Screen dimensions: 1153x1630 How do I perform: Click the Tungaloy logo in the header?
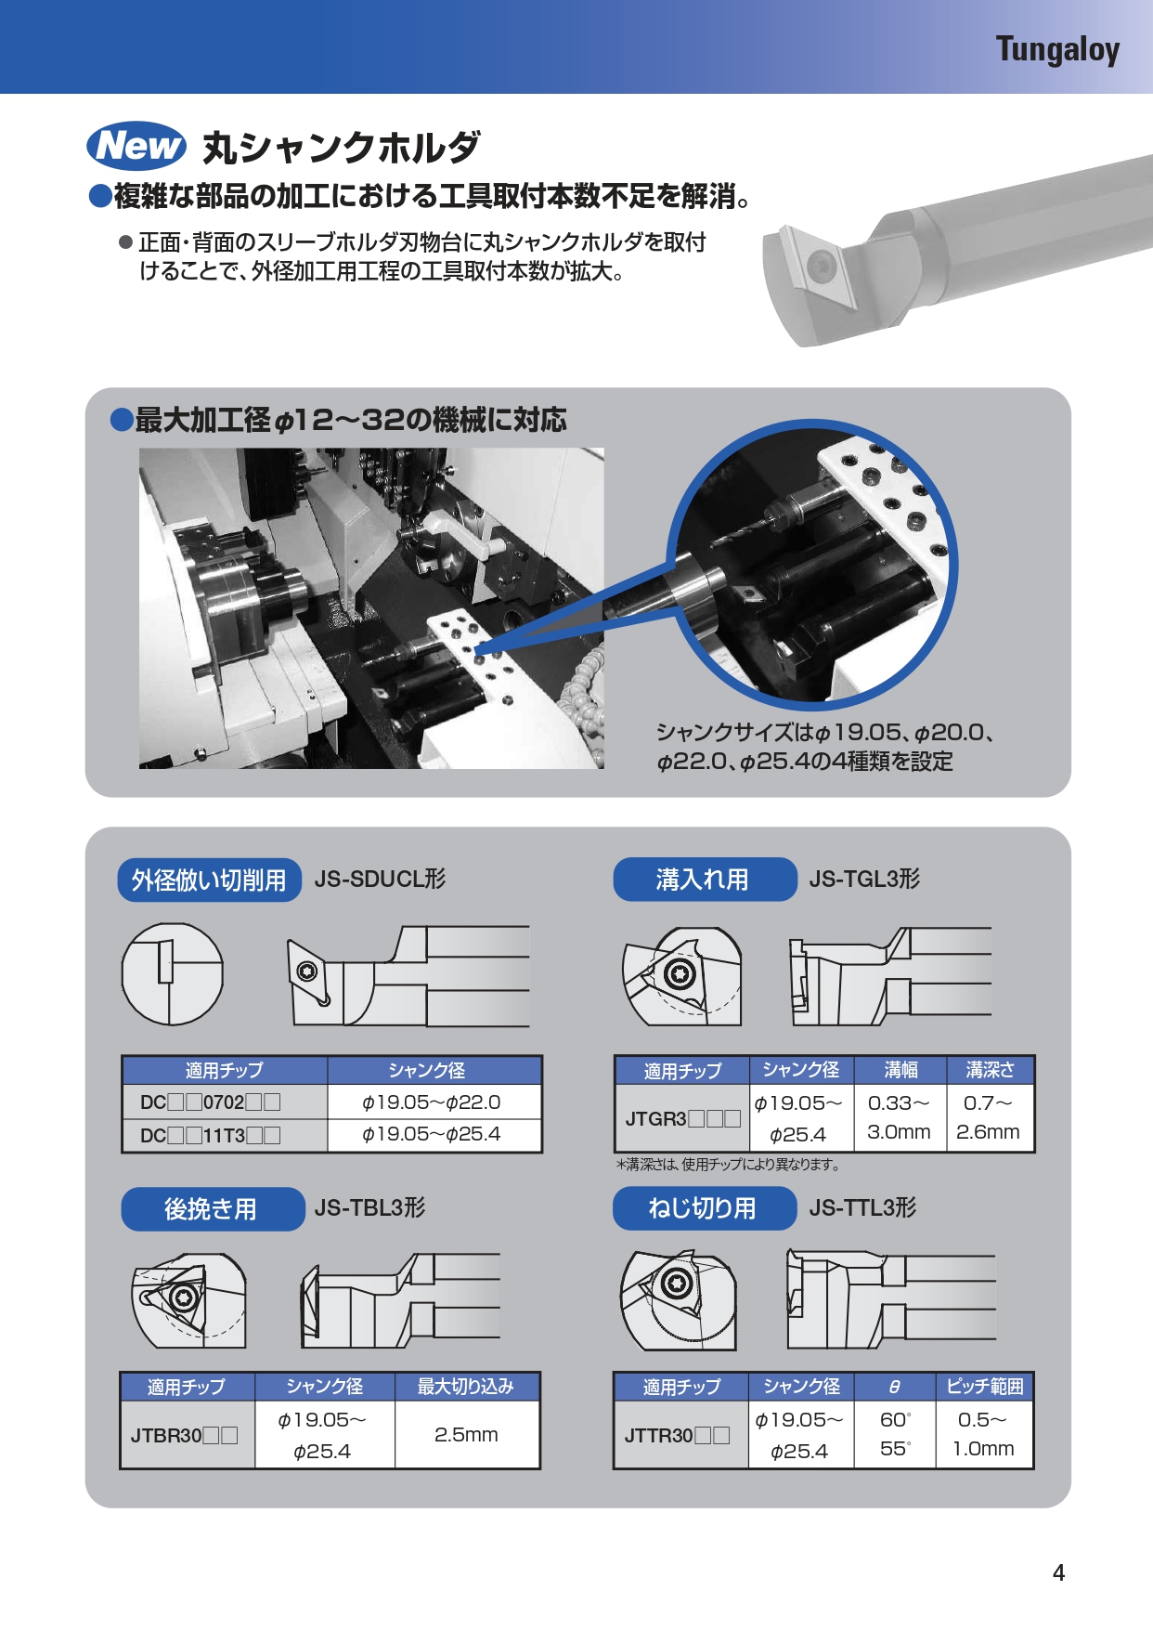point(1057,49)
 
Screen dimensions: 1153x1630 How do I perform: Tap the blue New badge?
point(136,146)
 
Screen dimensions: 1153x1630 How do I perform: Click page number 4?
point(1058,1572)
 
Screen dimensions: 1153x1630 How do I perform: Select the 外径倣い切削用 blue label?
point(209,880)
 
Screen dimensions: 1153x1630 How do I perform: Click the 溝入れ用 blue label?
point(704,880)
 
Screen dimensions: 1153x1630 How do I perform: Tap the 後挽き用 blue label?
point(212,1208)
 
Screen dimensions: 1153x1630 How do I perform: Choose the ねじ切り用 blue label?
point(704,1208)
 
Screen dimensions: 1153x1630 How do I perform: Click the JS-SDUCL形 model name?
point(380,879)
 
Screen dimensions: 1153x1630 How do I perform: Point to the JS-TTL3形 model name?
point(862,1207)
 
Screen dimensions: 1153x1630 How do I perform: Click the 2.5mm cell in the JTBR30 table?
point(467,1435)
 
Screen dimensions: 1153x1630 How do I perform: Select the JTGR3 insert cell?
point(682,1118)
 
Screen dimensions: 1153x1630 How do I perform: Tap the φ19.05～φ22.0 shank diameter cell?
point(433,1102)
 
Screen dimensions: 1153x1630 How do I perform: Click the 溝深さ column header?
point(990,1070)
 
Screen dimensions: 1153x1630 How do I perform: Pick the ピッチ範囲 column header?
point(984,1387)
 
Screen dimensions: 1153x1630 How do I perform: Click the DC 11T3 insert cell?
point(224,1135)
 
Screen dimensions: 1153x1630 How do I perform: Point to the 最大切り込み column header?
point(466,1387)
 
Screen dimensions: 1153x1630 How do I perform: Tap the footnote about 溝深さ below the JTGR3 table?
point(728,1164)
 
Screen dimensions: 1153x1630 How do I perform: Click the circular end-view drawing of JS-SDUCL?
point(173,974)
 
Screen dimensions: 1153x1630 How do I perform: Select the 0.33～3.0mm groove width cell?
point(899,1117)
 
